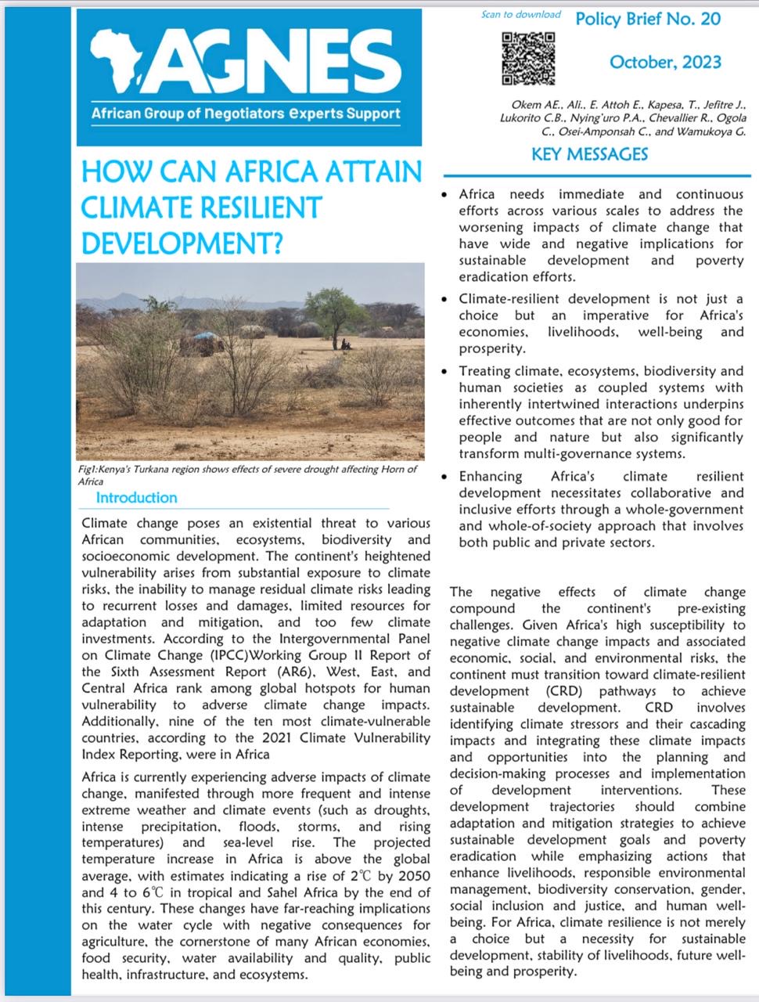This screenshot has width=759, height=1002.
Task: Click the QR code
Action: tap(528, 58)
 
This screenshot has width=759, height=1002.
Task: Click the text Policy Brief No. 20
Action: tap(648, 19)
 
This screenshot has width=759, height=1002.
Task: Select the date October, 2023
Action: tap(665, 62)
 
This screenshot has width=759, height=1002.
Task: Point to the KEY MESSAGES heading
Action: tap(589, 154)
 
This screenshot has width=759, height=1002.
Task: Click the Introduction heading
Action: tap(136, 498)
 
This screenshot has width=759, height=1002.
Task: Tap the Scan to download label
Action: tap(521, 14)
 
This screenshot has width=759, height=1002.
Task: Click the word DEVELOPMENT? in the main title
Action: tap(181, 243)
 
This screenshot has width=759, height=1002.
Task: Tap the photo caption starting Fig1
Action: tap(247, 474)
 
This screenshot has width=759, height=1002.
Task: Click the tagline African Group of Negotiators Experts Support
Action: tap(246, 114)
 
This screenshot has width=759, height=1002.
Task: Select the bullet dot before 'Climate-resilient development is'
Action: tap(444, 299)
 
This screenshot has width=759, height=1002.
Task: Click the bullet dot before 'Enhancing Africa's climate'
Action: tap(444, 477)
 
